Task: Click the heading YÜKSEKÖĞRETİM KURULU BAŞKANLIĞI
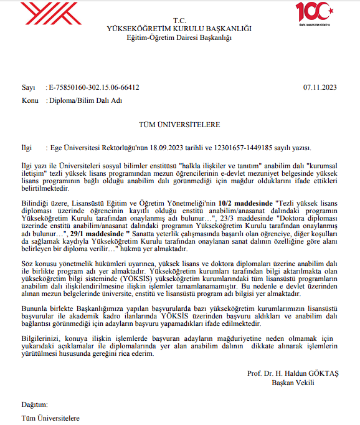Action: coord(179,29)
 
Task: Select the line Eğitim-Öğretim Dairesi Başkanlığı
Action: coord(179,38)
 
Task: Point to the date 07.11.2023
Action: coord(320,88)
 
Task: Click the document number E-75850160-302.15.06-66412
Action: coord(95,88)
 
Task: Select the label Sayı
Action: coord(28,88)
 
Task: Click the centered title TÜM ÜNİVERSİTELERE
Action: coord(179,124)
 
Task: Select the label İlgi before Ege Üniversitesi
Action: coord(28,148)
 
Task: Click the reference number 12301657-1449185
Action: coord(249,148)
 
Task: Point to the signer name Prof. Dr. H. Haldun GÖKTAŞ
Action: coord(293,373)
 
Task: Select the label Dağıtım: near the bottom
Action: coord(34,404)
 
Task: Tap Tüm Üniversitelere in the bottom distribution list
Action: coord(50,416)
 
